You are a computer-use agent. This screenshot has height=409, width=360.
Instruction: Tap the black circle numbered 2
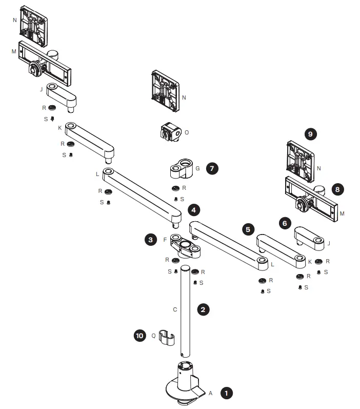click(x=204, y=309)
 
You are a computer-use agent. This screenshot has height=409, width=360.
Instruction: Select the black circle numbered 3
click(x=150, y=239)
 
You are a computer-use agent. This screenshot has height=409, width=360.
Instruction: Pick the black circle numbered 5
click(x=249, y=229)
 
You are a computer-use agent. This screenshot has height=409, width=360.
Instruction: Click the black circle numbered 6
click(x=285, y=223)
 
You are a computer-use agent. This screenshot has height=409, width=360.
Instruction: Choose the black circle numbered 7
click(x=212, y=168)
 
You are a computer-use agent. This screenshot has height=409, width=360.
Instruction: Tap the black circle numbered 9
click(x=310, y=134)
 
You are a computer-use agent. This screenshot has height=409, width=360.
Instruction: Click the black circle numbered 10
click(x=139, y=336)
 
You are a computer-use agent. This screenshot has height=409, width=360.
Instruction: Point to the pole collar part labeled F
click(x=185, y=245)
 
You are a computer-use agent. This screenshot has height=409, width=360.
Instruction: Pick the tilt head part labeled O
click(x=170, y=133)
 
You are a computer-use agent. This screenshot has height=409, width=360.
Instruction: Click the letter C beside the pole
click(x=175, y=309)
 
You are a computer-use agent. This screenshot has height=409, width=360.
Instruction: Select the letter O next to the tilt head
click(x=186, y=132)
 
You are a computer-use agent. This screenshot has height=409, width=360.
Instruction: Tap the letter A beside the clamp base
click(x=210, y=393)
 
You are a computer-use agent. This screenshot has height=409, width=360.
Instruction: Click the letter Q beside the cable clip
click(x=153, y=336)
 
